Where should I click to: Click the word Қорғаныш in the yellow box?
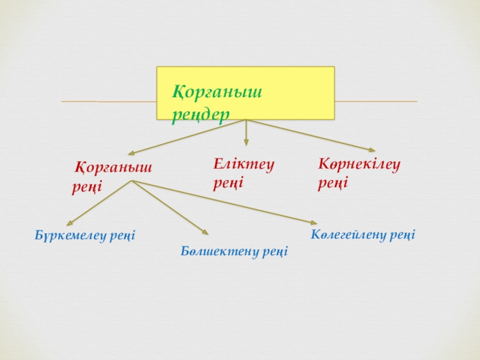(x=218, y=92)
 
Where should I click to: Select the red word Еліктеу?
(x=244, y=163)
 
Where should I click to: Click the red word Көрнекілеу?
(x=359, y=163)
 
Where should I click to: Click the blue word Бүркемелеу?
(x=70, y=236)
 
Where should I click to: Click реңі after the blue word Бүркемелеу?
(x=122, y=236)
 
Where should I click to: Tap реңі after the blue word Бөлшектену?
(x=274, y=251)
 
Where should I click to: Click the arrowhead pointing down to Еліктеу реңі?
(x=245, y=142)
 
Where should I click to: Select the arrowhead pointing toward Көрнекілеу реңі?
(x=372, y=149)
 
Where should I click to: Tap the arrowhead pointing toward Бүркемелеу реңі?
(x=69, y=223)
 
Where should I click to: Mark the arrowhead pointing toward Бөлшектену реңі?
(x=205, y=232)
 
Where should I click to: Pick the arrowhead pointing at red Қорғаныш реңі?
(x=130, y=154)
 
